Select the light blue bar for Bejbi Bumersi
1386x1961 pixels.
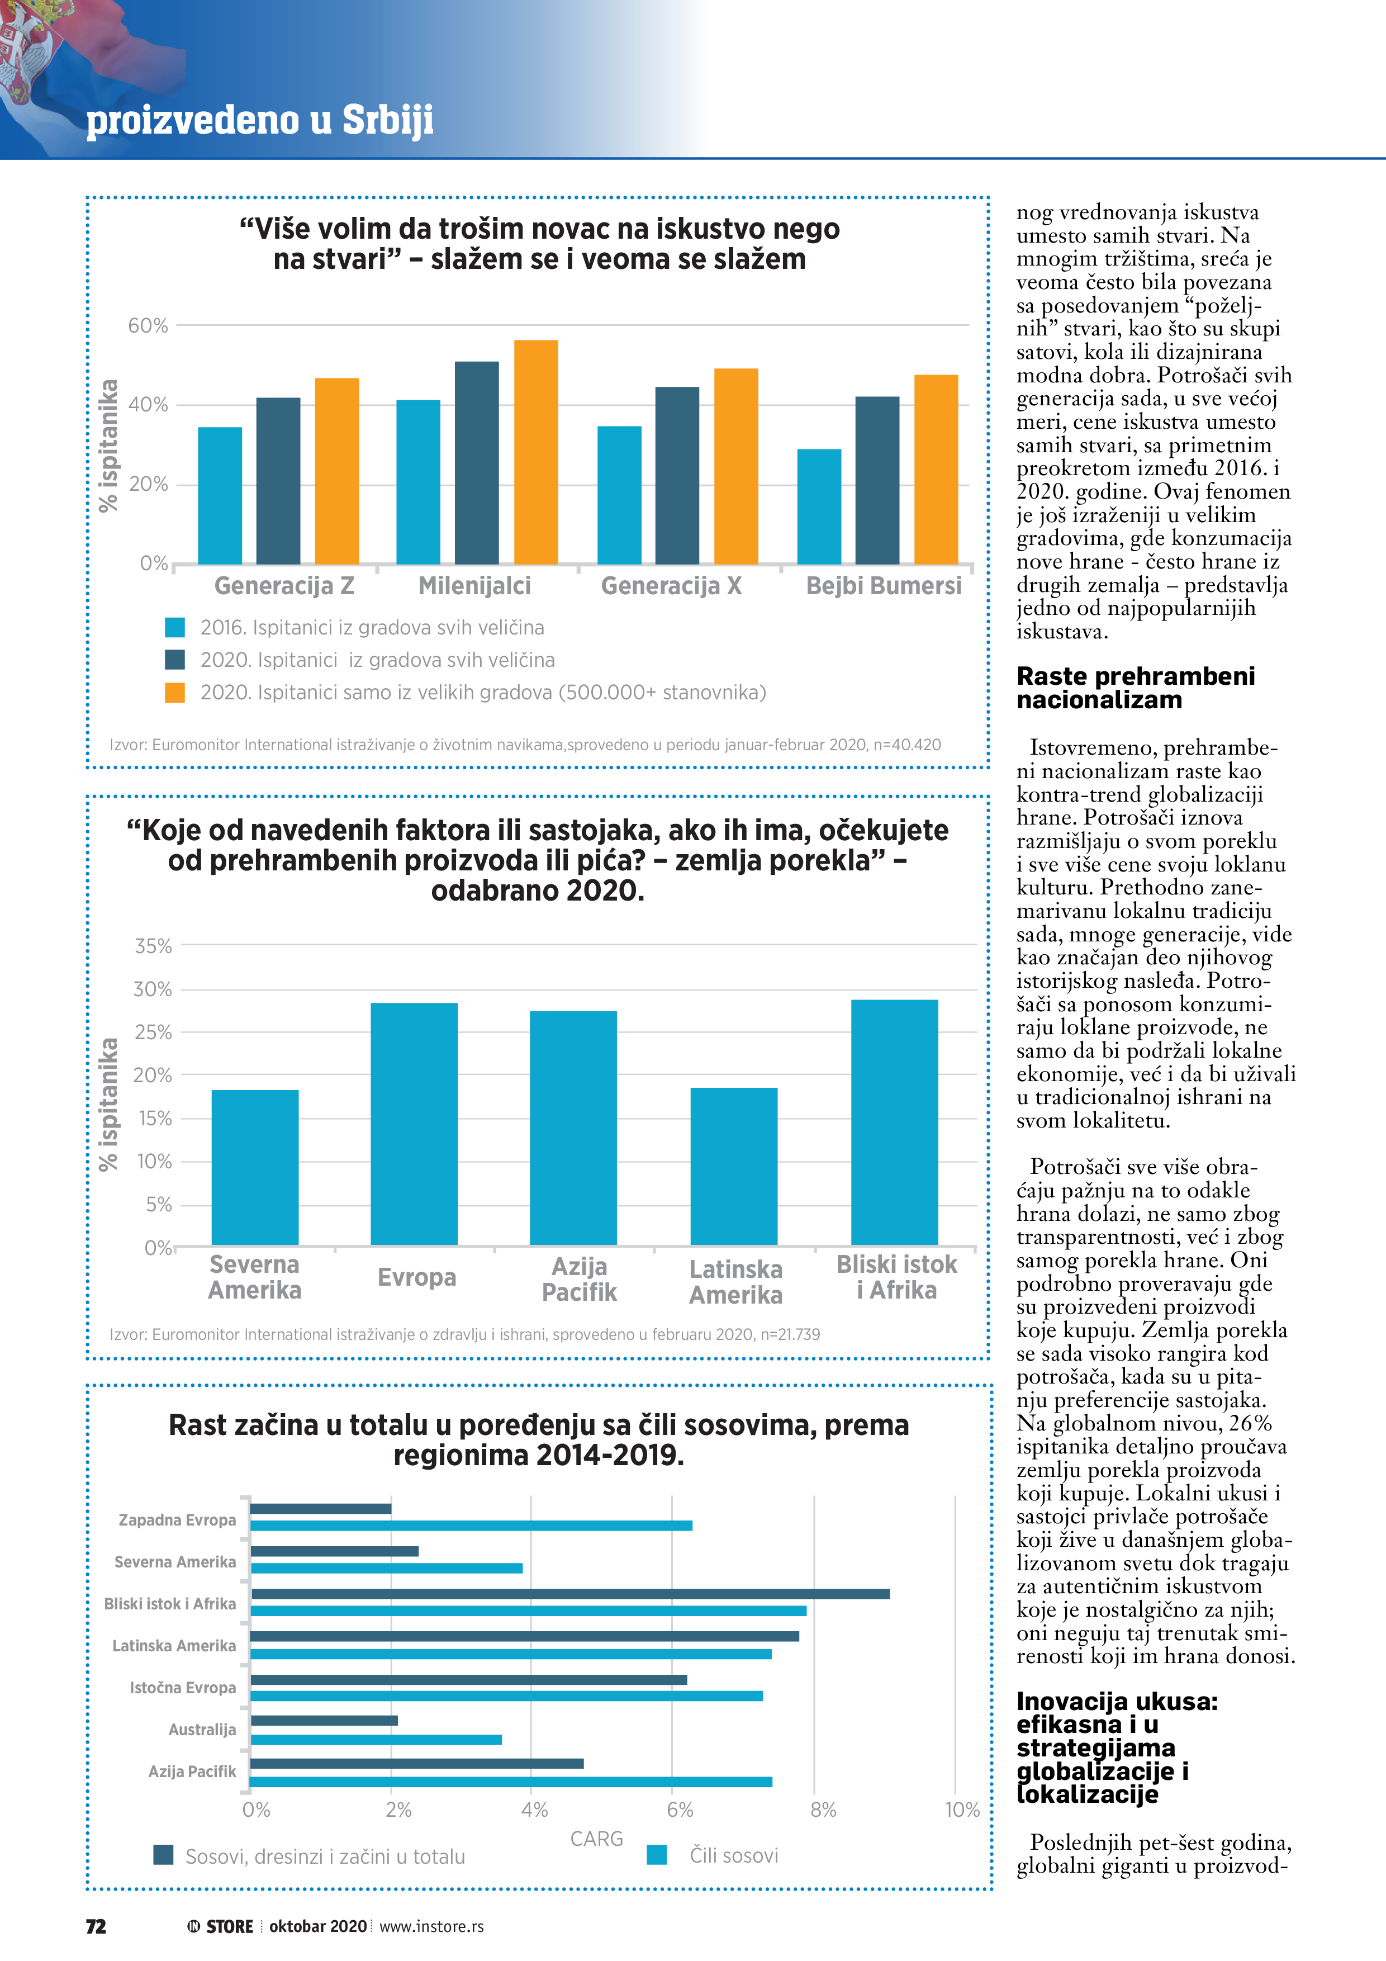point(819,506)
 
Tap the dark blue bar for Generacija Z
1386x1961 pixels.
point(278,480)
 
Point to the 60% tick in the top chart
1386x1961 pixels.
point(148,325)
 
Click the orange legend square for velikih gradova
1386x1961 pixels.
point(175,692)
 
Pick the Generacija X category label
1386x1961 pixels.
point(671,586)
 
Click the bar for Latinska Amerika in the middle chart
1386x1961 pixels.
point(734,1166)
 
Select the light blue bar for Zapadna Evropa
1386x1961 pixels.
point(471,1526)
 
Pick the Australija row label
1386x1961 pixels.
point(202,1730)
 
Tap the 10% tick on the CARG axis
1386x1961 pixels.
point(962,1810)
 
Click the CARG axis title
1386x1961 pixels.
point(596,1838)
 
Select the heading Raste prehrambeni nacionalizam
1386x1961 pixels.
point(1135,688)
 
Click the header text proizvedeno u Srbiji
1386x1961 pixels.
point(260,120)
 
